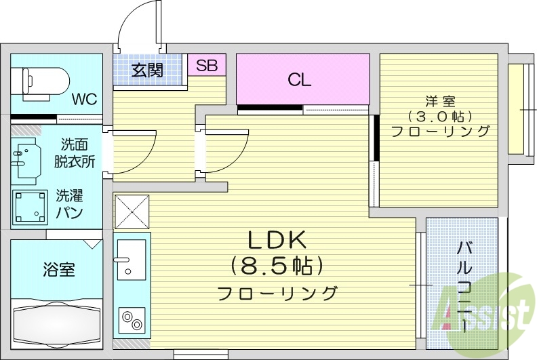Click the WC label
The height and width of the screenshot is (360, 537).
pos(84,99)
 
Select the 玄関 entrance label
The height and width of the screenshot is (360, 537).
pos(147,70)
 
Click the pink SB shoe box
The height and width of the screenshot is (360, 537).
pos(207,66)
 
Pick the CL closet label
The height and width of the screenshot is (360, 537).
pos(299,80)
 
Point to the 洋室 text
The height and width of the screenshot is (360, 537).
pos(439,101)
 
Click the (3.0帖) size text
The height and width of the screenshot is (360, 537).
pos(439,116)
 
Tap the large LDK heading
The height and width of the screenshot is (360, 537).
pos(277,240)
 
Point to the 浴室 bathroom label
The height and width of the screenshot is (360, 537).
pos(58,269)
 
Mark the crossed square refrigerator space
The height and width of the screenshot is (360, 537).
pos(132,211)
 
